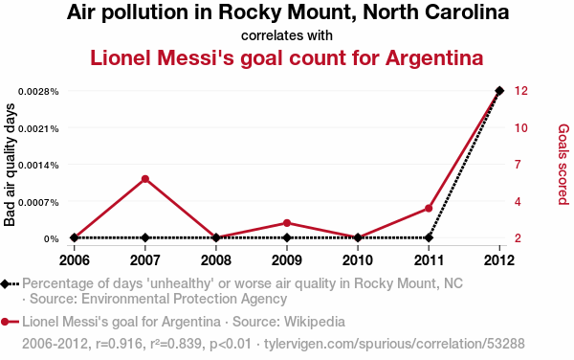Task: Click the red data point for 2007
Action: tap(145, 179)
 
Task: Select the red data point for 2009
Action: tap(287, 223)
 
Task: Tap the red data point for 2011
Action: tap(429, 209)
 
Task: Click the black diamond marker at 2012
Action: tap(499, 90)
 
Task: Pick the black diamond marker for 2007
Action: tap(145, 237)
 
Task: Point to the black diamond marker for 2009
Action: tap(287, 237)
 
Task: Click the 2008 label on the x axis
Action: tap(216, 260)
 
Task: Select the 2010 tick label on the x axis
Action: tap(358, 260)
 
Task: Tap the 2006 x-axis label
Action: tap(75, 260)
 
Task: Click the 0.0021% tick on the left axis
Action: tap(38, 128)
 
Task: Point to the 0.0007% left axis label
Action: tap(38, 202)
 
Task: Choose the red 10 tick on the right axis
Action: tap(521, 127)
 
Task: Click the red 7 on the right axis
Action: tap(518, 165)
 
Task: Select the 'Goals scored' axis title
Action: tap(563, 164)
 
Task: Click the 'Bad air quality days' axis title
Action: tap(10, 165)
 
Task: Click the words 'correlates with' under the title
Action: tap(287, 35)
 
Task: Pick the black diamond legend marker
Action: tap(5, 284)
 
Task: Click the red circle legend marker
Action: tap(5, 322)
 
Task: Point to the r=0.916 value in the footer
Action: tap(119, 344)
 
